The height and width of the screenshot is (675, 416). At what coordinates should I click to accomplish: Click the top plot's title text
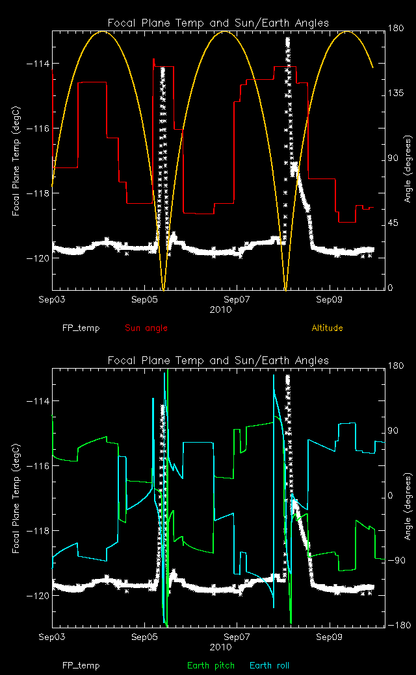(x=218, y=23)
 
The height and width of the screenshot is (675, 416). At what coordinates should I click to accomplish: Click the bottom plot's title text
(x=218, y=360)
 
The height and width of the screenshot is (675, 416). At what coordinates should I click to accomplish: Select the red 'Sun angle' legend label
(x=146, y=328)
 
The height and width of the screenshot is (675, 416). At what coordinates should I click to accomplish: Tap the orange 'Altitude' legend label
(x=327, y=328)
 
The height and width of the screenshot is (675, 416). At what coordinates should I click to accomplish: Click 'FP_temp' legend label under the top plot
(x=81, y=328)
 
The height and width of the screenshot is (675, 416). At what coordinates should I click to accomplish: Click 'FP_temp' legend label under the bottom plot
(x=81, y=665)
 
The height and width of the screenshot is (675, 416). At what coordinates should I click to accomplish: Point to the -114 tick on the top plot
(x=39, y=64)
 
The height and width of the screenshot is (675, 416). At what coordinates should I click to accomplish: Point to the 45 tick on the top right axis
(x=393, y=223)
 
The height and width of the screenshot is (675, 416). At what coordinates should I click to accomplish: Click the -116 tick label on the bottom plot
(x=39, y=466)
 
